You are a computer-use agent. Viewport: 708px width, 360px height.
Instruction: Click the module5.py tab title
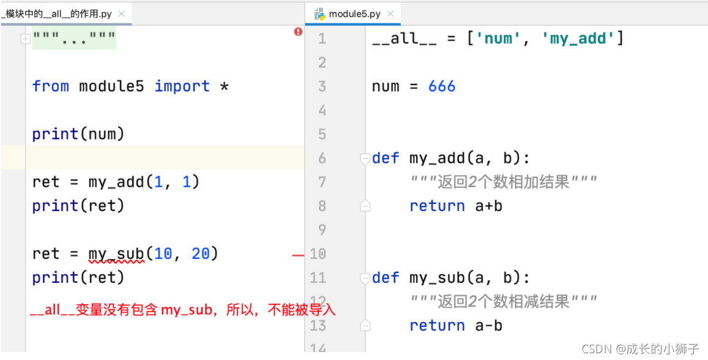pos(354,13)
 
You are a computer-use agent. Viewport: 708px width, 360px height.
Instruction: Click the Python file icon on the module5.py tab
pos(319,13)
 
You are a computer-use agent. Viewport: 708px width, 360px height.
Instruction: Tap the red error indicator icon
pos(298,32)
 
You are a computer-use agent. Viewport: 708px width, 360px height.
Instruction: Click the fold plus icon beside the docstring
pos(25,39)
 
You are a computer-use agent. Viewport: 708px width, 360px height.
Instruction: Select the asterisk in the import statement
pos(224,86)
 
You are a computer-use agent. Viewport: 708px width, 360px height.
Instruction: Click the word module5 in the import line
pos(111,86)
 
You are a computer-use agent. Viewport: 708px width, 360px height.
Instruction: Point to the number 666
pos(442,86)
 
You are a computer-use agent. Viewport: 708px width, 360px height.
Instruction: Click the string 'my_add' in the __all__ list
pos(578,39)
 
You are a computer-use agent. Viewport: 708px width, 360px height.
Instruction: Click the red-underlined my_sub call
pos(116,253)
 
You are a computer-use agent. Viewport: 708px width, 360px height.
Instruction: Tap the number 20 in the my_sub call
pos(201,253)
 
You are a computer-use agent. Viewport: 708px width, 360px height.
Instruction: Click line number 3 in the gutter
pos(322,86)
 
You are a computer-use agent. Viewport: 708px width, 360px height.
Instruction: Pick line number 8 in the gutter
pos(322,206)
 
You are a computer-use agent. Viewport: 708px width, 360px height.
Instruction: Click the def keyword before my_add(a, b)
pos(386,159)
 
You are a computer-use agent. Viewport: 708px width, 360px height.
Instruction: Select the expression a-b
pos(489,325)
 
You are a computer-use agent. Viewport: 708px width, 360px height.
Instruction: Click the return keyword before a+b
pos(437,206)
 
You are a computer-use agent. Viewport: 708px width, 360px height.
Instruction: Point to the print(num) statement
pos(78,134)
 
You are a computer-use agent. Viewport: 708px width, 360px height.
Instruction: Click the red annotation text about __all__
pos(183,310)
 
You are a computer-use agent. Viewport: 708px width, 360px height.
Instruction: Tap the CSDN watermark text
pos(640,349)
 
